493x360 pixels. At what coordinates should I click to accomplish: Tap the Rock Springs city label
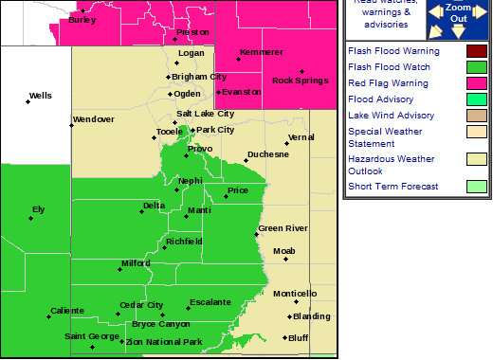point(295,80)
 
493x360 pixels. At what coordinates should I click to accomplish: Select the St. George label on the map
point(92,335)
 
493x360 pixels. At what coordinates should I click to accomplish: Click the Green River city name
point(283,228)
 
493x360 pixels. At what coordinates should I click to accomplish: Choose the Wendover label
point(93,119)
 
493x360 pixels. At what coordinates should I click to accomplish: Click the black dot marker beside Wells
point(25,99)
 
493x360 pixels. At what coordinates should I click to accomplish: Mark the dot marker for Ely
point(30,219)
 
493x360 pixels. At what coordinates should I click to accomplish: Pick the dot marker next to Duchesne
point(246,160)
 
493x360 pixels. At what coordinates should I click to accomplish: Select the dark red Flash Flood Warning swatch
point(477,49)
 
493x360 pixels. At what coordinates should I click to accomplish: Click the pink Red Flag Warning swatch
point(477,82)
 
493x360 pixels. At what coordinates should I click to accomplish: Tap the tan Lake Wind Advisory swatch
point(477,116)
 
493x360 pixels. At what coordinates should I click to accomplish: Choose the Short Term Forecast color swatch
point(477,186)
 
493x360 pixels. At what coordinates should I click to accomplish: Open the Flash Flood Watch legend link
point(389,66)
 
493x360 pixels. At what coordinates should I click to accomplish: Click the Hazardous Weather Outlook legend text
point(390,164)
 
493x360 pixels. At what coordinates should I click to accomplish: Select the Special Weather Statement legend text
point(385,137)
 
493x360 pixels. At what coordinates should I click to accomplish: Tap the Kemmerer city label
point(262,51)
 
